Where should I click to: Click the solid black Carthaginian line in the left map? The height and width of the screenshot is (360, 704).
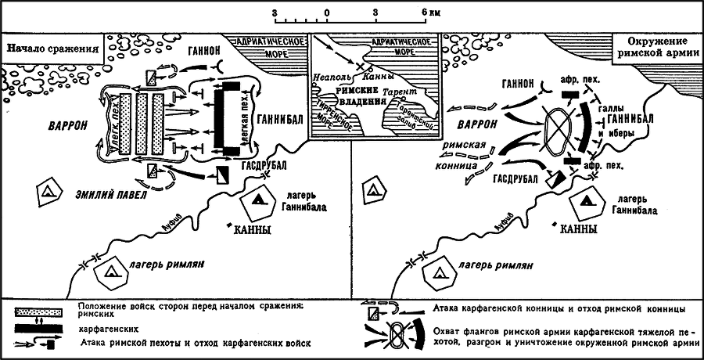(x=229, y=117)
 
